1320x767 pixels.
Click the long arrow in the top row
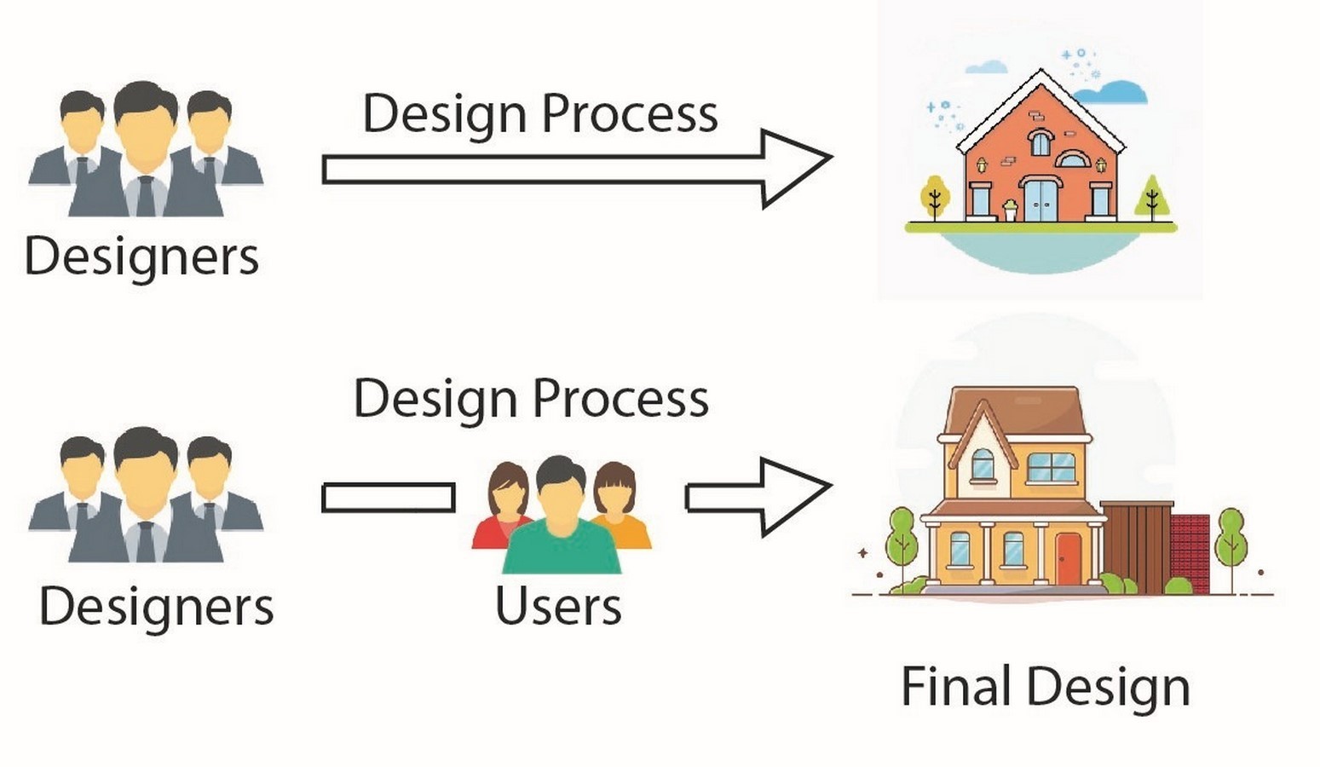coord(578,170)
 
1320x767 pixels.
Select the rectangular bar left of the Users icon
coord(389,498)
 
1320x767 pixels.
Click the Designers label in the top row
coord(141,257)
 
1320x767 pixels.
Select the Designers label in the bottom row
coord(156,607)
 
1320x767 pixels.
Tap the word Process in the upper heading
coord(630,115)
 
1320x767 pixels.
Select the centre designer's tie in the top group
coord(145,196)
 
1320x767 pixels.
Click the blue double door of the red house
coord(1040,199)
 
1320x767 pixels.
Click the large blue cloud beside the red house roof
coord(1111,93)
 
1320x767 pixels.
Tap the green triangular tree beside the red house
coord(1152,198)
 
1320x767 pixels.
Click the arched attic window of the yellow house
coord(982,464)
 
